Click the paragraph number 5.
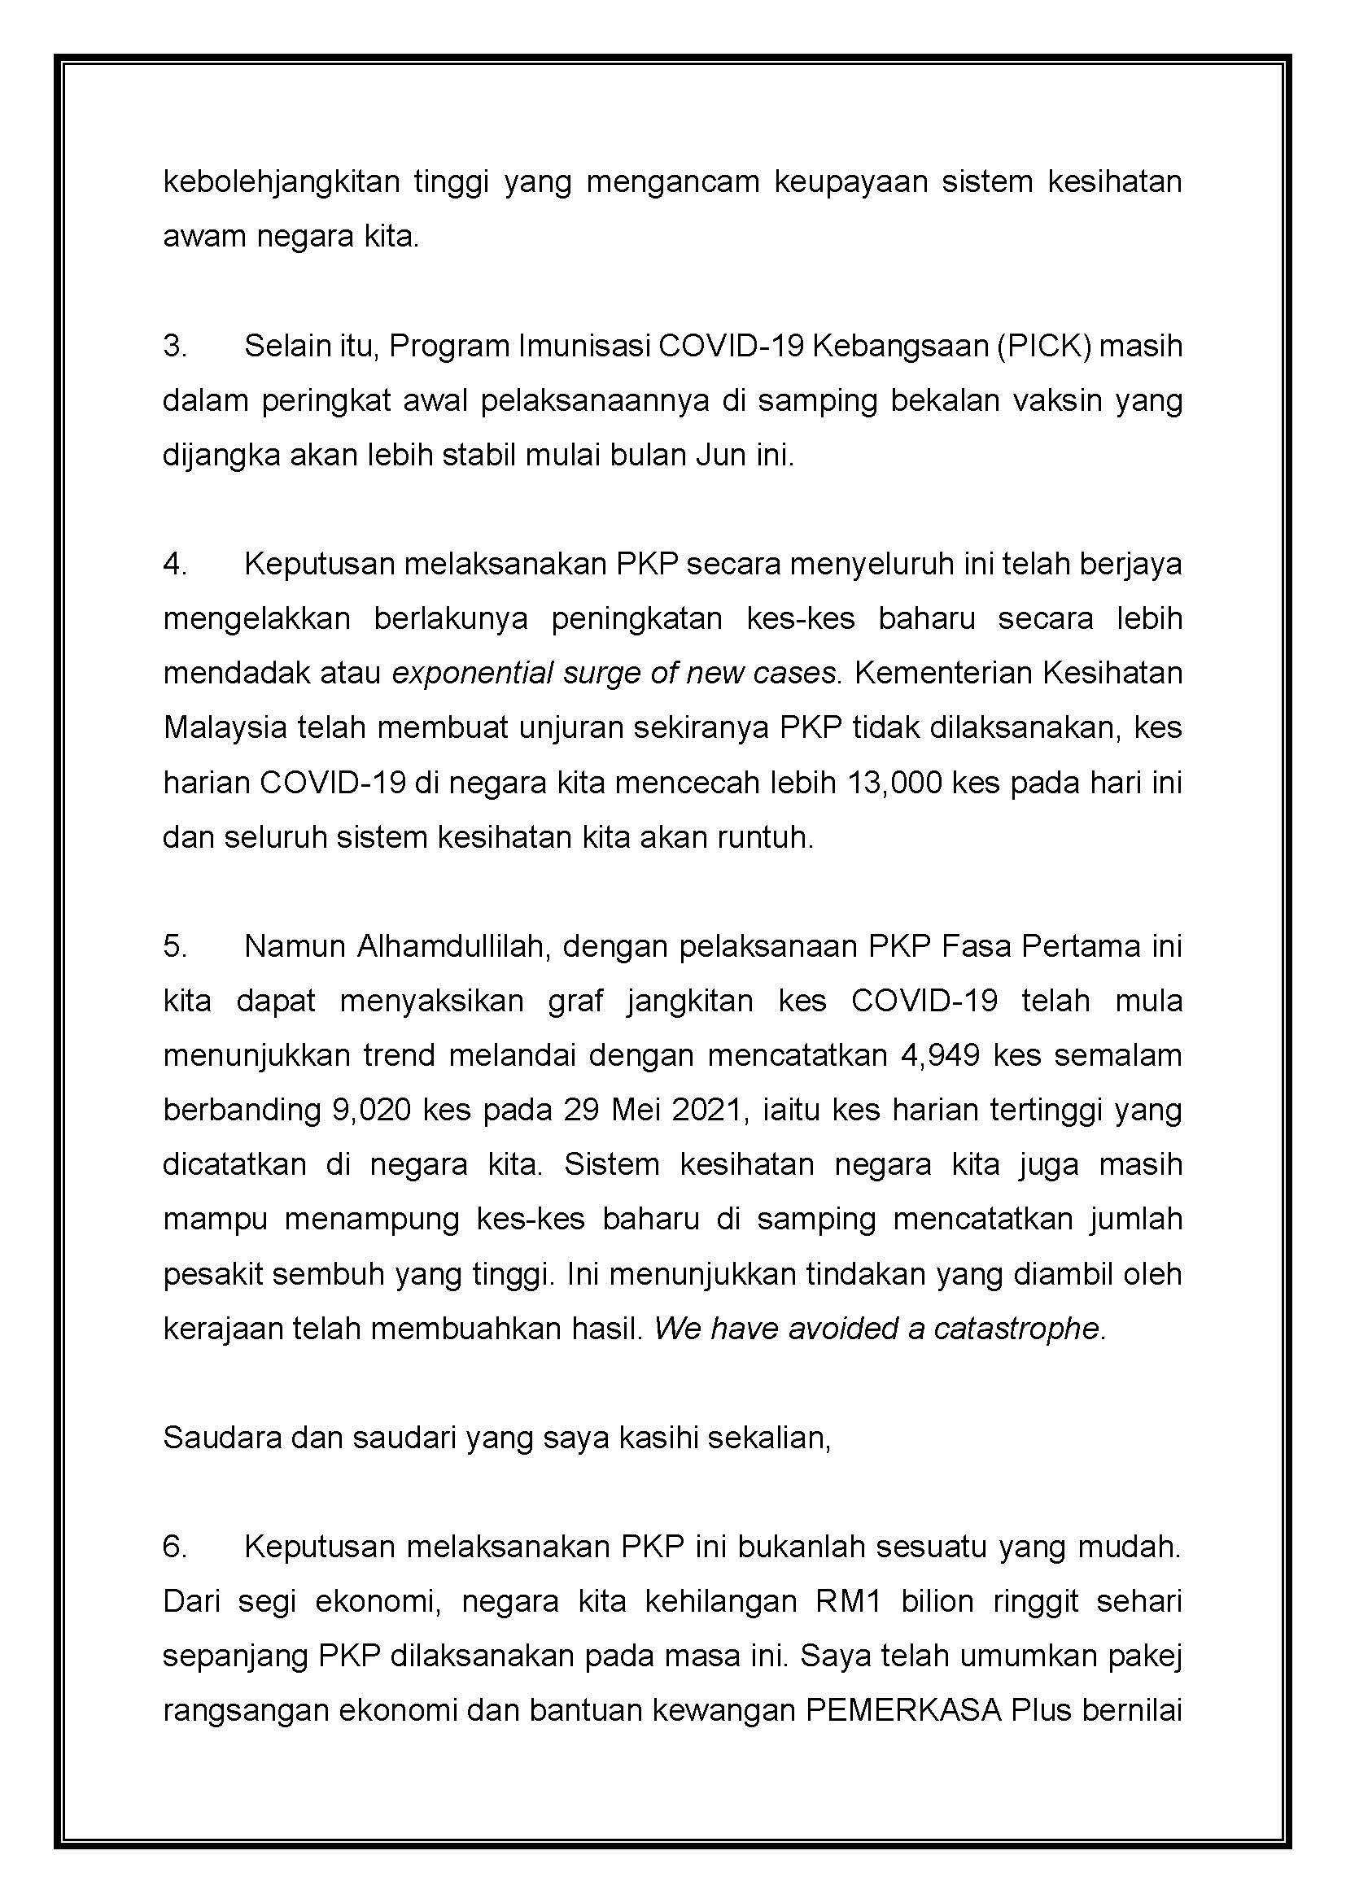[174, 946]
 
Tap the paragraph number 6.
[174, 1547]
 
